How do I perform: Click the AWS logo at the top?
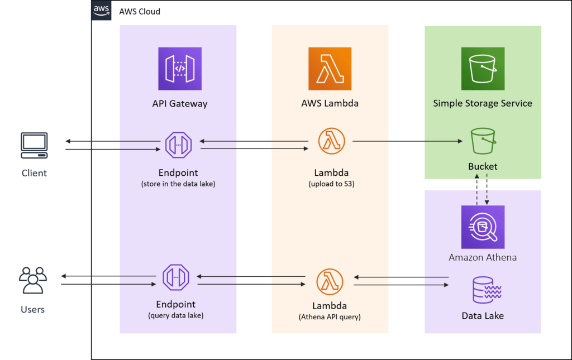(102, 11)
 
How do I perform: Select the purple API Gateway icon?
(180, 69)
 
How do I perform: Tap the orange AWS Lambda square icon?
(330, 69)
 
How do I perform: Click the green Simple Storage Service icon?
(483, 69)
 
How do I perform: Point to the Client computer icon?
(34, 145)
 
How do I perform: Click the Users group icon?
(33, 280)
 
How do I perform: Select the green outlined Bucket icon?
(483, 141)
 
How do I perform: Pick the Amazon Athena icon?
(483, 227)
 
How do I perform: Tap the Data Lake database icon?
(483, 290)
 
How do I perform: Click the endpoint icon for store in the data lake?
(178, 145)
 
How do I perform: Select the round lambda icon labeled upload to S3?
(331, 141)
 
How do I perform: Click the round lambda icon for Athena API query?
(330, 281)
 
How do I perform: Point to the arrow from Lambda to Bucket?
(408, 141)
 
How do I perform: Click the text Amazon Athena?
(483, 257)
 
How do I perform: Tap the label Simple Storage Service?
(483, 103)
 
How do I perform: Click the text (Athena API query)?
(330, 317)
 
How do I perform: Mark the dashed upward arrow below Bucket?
(477, 190)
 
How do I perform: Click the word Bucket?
(483, 166)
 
